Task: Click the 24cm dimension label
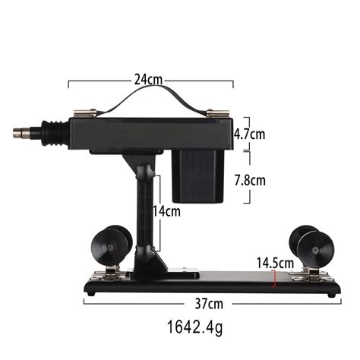click(x=148, y=80)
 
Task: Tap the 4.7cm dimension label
click(x=249, y=134)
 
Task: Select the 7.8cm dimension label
click(x=250, y=181)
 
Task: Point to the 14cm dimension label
click(x=167, y=211)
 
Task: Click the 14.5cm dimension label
click(x=275, y=263)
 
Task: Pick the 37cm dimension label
click(x=209, y=304)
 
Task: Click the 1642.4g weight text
click(x=195, y=327)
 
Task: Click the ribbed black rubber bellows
click(x=55, y=133)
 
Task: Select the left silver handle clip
click(x=85, y=113)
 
